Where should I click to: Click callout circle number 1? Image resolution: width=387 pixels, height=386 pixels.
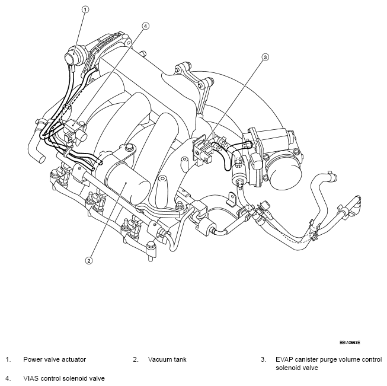point(85,10)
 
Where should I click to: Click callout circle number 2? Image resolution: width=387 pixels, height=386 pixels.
point(89,260)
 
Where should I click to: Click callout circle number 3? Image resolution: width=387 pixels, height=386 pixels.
point(266,57)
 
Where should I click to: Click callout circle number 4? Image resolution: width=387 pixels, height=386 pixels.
point(145,25)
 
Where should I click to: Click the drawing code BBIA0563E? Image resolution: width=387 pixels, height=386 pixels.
point(350,342)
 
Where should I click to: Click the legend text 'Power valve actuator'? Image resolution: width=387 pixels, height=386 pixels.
point(55,359)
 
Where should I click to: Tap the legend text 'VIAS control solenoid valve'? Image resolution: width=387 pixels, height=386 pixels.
point(65,377)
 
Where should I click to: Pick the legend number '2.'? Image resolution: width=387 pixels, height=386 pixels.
point(136,359)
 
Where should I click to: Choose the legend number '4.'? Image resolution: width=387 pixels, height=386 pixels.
point(8,377)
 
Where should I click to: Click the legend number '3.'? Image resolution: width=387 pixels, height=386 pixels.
point(263,359)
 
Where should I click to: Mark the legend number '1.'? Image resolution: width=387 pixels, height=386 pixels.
point(8,359)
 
